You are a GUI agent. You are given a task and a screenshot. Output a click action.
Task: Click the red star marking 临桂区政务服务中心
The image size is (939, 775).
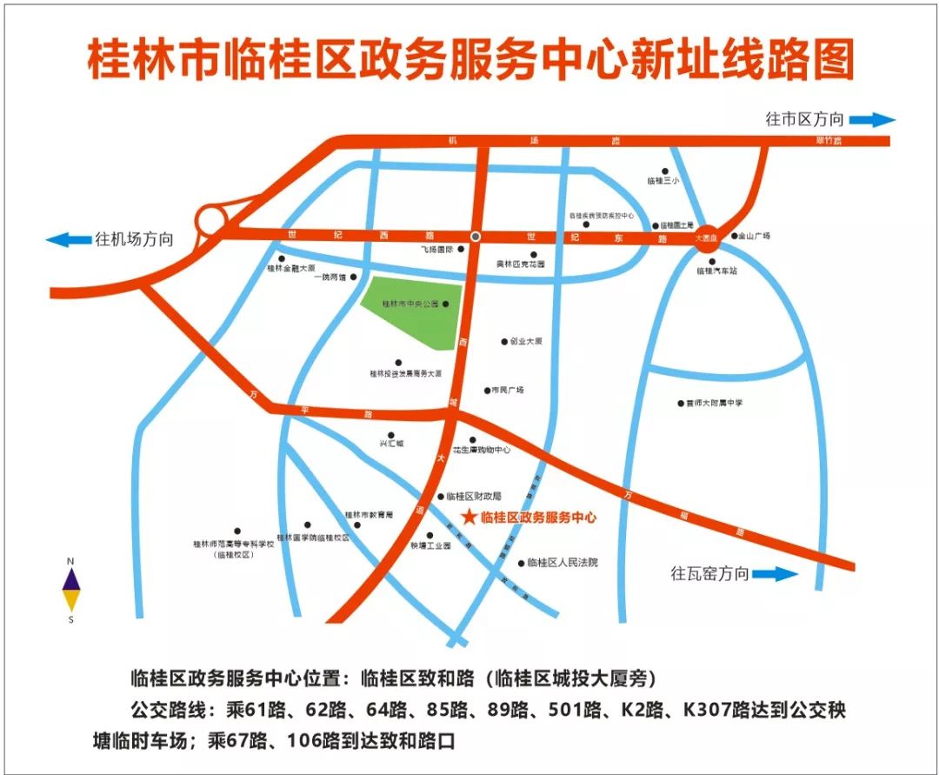tap(469, 518)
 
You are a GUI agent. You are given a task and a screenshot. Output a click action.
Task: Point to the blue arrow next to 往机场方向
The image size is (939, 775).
tap(69, 239)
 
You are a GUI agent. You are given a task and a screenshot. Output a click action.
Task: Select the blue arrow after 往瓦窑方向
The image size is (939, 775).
tap(775, 574)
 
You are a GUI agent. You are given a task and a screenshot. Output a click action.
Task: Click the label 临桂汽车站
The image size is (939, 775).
tap(716, 271)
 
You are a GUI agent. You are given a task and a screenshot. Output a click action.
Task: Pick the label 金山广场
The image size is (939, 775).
tap(755, 236)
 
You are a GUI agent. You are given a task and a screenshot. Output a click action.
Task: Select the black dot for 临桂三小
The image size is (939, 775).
tap(666, 171)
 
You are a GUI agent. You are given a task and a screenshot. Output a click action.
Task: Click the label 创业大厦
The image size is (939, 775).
tap(526, 342)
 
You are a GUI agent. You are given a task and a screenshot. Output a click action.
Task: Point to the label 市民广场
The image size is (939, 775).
tap(508, 391)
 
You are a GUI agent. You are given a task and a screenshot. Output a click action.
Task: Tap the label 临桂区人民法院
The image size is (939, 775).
tap(563, 563)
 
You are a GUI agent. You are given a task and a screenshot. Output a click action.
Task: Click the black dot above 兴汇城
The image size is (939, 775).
tap(391, 434)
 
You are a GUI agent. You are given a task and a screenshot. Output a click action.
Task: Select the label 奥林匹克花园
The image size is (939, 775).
tap(520, 264)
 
